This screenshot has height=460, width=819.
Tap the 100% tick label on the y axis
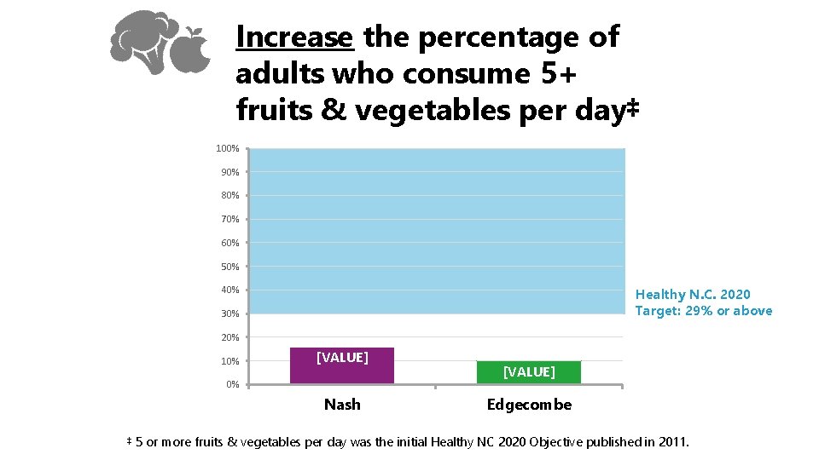(x=227, y=149)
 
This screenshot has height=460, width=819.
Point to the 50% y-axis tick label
(x=229, y=267)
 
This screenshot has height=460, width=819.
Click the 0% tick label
(x=232, y=385)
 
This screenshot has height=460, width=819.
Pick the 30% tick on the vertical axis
(x=229, y=314)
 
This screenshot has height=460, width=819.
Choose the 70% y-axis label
(x=229, y=220)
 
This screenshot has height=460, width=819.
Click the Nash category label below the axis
(x=342, y=405)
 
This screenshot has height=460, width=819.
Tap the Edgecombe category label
(x=529, y=405)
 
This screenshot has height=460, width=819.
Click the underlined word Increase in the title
(x=294, y=37)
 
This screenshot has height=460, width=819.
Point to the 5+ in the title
(x=559, y=74)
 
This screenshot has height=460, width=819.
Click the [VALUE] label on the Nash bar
(x=342, y=357)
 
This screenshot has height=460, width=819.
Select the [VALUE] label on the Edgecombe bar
(x=529, y=371)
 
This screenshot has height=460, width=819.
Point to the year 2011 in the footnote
(x=671, y=441)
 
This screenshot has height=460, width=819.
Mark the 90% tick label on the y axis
(x=229, y=173)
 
